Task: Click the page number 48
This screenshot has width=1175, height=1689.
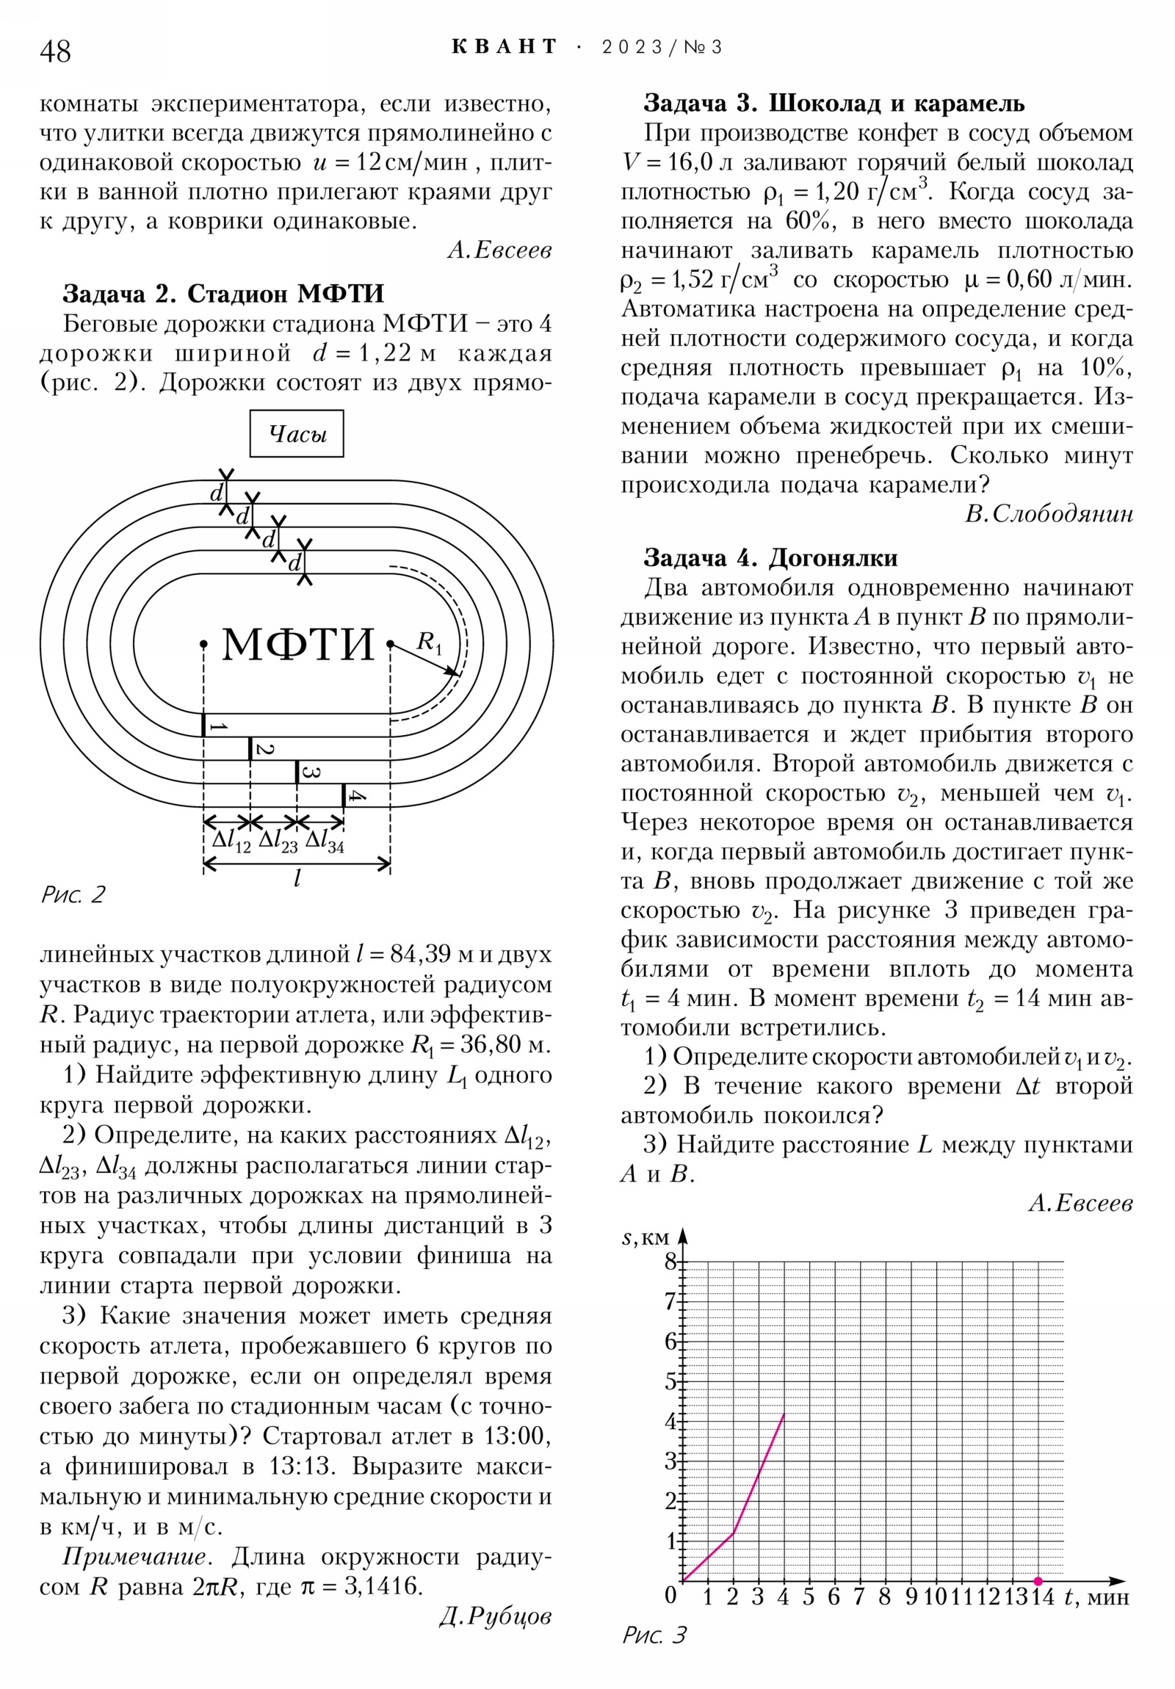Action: pos(55,51)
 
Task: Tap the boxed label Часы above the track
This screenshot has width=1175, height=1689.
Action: pos(297,434)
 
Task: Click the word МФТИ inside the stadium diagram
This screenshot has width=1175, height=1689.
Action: pos(298,645)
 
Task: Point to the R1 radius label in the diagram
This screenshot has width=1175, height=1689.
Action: pos(429,643)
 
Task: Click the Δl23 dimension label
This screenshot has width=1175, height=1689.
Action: pos(278,840)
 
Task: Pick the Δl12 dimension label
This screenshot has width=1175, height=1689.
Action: pos(231,840)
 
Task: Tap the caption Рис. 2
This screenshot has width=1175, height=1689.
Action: pos(73,894)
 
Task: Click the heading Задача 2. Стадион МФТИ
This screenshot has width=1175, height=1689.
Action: pos(223,294)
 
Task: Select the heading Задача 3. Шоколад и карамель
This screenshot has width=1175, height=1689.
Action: pos(834,103)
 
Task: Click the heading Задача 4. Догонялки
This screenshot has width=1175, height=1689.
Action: pos(770,558)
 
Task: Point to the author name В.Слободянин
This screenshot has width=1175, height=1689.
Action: pos(1049,514)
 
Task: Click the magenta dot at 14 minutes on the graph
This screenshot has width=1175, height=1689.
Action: pos(1038,1581)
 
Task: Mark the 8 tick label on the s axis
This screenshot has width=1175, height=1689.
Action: pos(670,1262)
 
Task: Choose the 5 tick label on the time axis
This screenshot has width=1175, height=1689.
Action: pos(808,1597)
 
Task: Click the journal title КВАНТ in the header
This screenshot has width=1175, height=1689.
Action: pos(505,47)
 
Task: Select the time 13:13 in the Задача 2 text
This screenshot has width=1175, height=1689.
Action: pos(303,1466)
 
